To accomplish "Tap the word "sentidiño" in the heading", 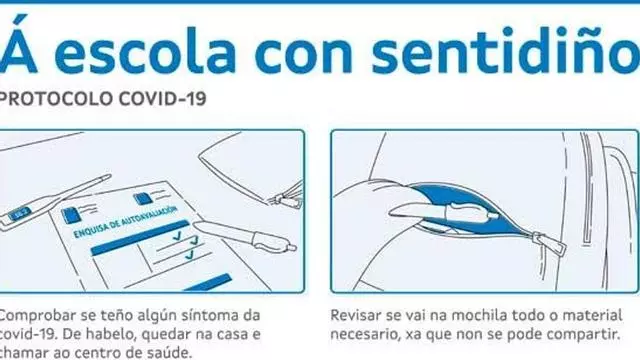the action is pyautogui.click(x=505, y=49).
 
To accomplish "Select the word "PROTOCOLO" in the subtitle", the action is pyautogui.click(x=56, y=99).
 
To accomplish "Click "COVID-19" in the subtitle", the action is pyautogui.click(x=162, y=99).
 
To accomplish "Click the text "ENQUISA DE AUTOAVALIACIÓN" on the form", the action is pyautogui.click(x=126, y=222).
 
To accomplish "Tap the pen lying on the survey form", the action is pyautogui.click(x=244, y=237).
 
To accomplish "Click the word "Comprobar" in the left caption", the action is pyautogui.click(x=38, y=316).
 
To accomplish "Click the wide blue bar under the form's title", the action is pyautogui.click(x=140, y=238).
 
